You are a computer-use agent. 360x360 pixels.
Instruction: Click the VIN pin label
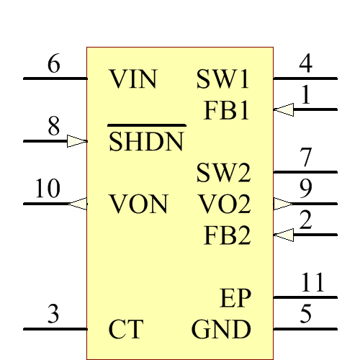(x=133, y=79)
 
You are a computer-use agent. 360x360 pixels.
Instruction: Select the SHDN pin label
(x=146, y=142)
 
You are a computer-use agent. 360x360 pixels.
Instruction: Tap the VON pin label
(x=139, y=204)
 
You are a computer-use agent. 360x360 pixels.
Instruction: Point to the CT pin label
(x=125, y=330)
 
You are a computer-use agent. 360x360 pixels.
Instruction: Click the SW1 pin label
(x=223, y=79)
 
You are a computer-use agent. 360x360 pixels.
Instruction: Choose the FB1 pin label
(x=227, y=111)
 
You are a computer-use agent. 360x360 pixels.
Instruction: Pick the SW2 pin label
(x=223, y=173)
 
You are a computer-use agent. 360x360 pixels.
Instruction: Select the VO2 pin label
(x=225, y=204)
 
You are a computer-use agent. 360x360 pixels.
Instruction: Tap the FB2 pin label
(x=227, y=235)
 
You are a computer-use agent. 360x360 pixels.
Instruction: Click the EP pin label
(x=235, y=298)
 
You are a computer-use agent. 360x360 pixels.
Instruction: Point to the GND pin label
(x=221, y=330)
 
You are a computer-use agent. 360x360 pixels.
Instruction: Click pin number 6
(x=54, y=64)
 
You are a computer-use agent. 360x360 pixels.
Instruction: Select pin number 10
(x=48, y=189)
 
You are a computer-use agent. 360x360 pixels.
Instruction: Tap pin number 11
(x=312, y=282)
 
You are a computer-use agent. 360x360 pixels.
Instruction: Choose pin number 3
(x=53, y=315)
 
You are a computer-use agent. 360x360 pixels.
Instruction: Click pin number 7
(x=306, y=157)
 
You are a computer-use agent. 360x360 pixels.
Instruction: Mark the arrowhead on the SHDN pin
(x=76, y=141)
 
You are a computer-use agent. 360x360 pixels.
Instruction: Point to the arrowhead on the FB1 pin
(x=284, y=110)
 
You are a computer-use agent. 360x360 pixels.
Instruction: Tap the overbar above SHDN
(x=146, y=125)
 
